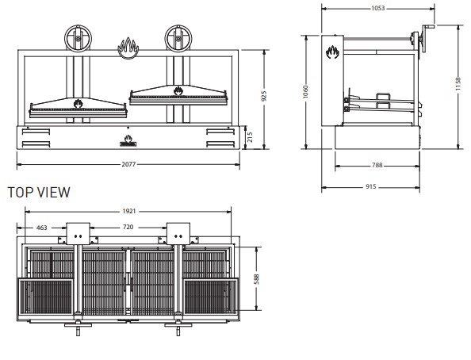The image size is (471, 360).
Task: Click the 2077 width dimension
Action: pos(128,164)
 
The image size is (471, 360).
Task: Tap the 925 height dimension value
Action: pos(264,96)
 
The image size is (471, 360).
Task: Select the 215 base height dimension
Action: pos(250,137)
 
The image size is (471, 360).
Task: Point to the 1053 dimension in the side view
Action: pos(378,8)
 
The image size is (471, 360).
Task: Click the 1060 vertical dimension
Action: pos(305,92)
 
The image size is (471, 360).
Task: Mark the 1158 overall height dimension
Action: pos(458,84)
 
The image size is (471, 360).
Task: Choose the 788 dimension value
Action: pos(377,165)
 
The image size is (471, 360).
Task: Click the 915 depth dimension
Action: pos(371,186)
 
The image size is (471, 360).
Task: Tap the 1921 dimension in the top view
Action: pos(129,211)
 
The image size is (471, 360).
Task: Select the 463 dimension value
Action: pos(41,228)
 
